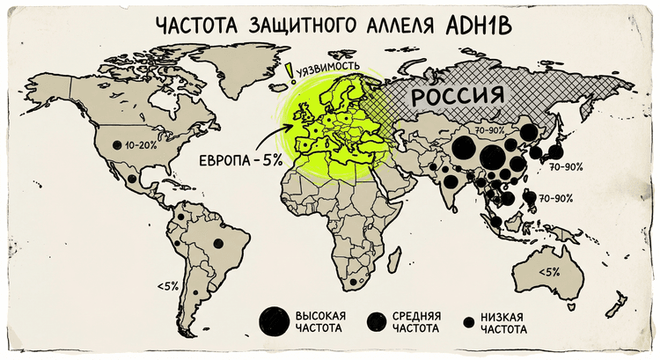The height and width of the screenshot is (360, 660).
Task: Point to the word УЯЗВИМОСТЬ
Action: [328, 67]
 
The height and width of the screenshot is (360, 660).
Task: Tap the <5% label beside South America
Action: [167, 285]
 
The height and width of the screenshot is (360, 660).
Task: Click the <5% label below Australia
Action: [548, 271]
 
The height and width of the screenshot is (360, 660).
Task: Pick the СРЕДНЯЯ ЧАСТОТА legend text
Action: [415, 322]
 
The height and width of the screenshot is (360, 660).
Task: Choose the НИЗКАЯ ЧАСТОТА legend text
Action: [503, 322]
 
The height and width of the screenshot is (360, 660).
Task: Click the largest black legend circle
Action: [273, 321]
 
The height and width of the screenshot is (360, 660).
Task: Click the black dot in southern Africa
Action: [353, 283]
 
